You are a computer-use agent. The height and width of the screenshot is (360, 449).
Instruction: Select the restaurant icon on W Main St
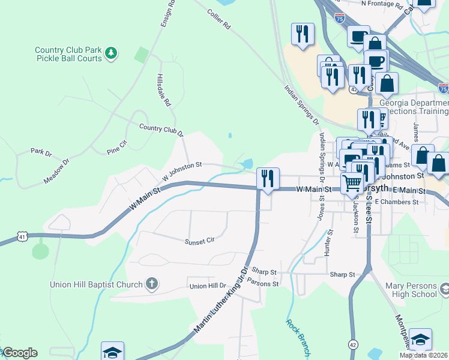[267, 178]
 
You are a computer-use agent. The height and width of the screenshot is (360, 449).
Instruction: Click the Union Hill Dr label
[208, 286]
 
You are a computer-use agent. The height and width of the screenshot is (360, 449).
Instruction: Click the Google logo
[20, 353]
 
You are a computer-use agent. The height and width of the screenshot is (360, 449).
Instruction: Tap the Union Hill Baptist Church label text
[97, 284]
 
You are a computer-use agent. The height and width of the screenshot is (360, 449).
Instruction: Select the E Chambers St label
[396, 203]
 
